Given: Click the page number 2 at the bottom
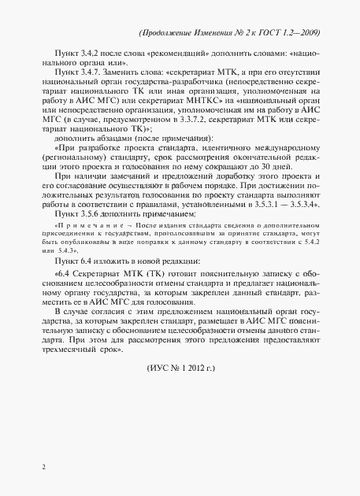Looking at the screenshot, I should (44, 466).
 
